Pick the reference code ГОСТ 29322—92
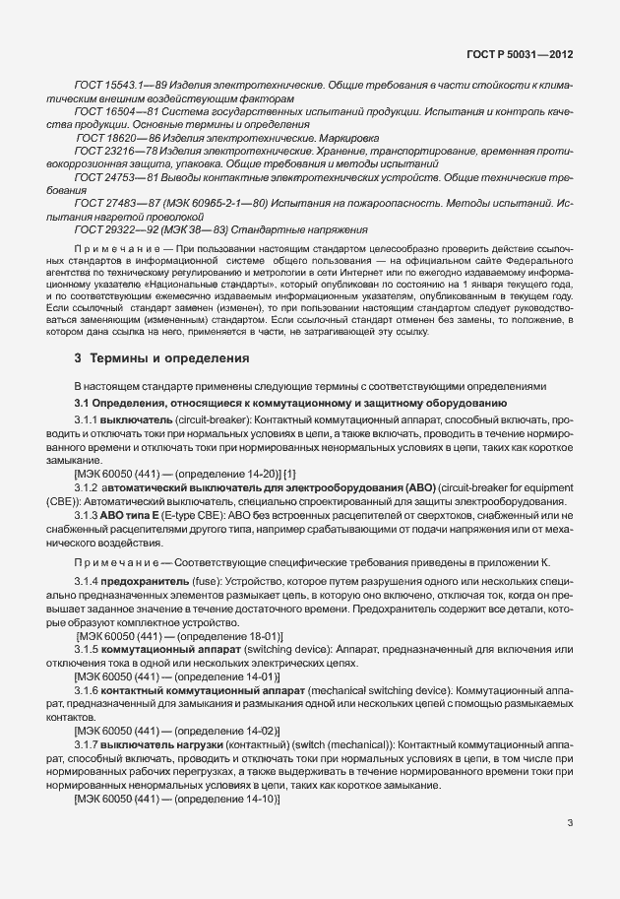pyautogui.click(x=112, y=227)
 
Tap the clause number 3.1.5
pyautogui.click(x=87, y=651)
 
